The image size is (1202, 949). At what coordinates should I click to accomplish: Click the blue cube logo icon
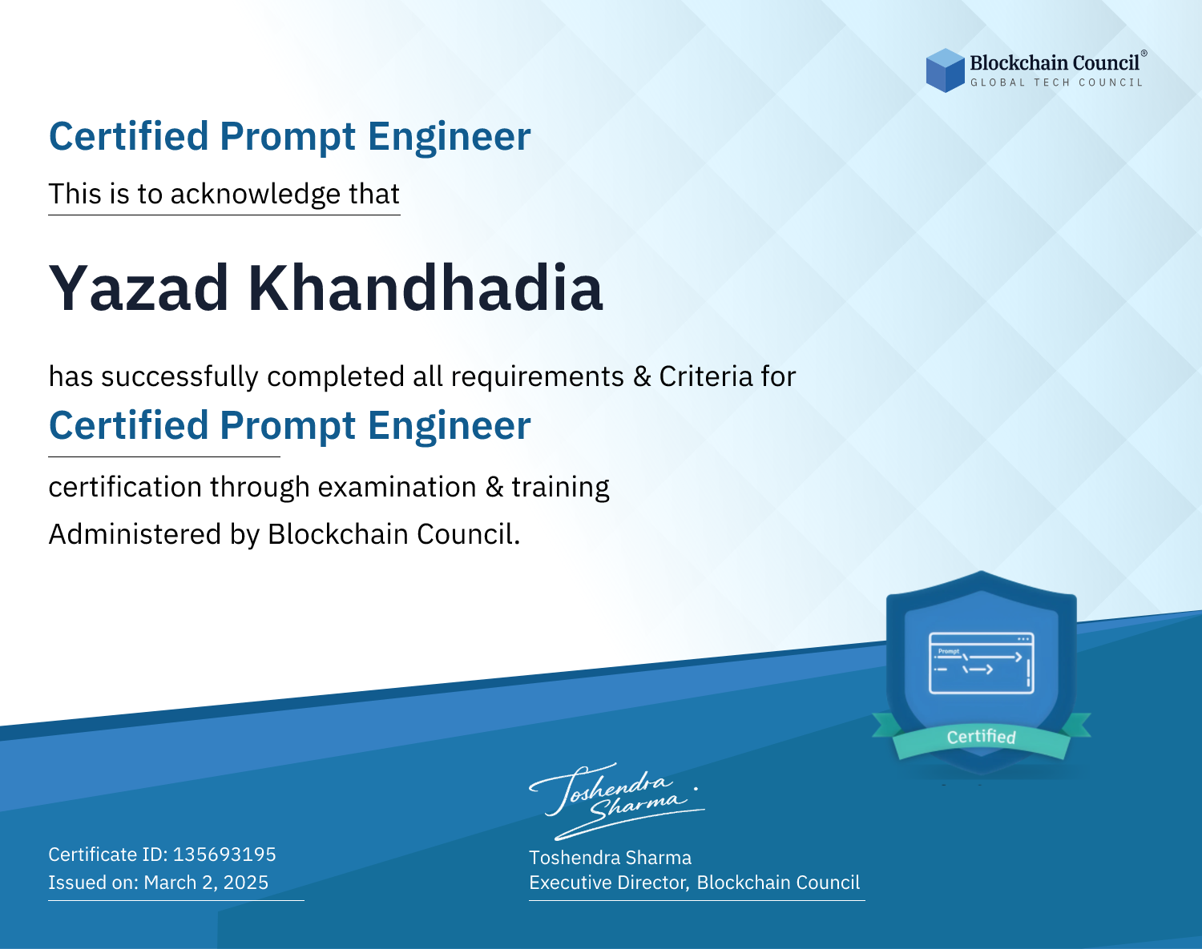tap(945, 70)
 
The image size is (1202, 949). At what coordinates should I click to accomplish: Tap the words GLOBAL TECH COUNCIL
tap(1057, 82)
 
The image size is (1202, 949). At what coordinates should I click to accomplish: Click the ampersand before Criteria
tap(642, 376)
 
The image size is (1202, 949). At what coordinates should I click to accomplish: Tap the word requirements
tap(538, 377)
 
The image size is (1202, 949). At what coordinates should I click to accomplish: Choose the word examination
tap(397, 487)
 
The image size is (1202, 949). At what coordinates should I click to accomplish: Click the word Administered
tap(135, 533)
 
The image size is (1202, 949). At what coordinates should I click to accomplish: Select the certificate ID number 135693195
tap(224, 854)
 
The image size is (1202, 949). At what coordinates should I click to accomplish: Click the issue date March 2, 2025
tap(206, 883)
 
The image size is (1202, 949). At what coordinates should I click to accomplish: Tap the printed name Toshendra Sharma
tap(610, 858)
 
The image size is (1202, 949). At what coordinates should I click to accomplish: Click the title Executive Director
tap(607, 883)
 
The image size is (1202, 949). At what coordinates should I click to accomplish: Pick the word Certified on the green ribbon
tap(982, 737)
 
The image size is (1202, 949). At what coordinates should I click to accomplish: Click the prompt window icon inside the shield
tap(982, 663)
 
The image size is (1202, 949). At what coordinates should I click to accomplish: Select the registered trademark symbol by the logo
tap(1144, 53)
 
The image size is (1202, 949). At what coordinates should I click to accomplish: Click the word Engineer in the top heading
tap(449, 136)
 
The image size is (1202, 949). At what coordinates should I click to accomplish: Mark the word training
tap(560, 488)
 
